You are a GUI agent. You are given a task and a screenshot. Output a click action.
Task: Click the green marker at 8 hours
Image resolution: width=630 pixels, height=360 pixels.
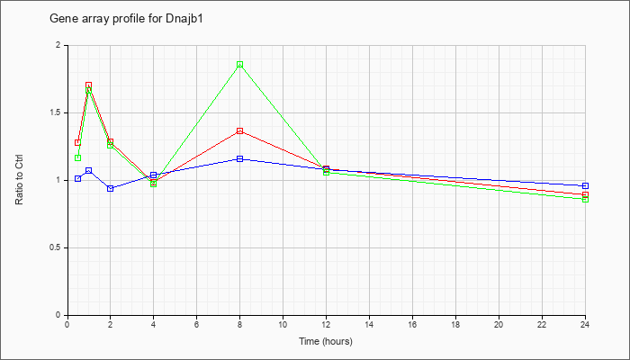[240, 64]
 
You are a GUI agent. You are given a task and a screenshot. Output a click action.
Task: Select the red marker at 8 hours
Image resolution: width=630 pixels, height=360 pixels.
[240, 131]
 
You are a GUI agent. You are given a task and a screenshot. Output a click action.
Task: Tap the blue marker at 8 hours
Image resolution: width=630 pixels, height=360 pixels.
[240, 158]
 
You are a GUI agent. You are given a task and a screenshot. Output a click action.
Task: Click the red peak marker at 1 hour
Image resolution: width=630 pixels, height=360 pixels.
[88, 85]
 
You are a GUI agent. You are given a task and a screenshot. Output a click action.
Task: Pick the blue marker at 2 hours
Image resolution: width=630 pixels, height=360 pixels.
[110, 188]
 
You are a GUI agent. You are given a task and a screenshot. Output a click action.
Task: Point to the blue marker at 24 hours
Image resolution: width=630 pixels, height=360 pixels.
[585, 185]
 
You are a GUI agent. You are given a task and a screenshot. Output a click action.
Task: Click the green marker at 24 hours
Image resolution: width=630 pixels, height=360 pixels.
[585, 199]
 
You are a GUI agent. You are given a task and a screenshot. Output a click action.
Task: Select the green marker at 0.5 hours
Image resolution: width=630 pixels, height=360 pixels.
[77, 157]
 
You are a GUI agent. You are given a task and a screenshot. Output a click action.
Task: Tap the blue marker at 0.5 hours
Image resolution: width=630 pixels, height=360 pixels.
[77, 178]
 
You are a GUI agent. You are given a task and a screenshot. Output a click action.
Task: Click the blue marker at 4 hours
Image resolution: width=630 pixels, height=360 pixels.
[153, 175]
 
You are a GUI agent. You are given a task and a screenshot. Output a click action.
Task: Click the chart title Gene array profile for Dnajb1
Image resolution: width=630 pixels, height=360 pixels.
[126, 19]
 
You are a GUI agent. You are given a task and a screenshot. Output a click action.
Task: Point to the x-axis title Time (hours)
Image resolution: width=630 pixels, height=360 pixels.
[326, 341]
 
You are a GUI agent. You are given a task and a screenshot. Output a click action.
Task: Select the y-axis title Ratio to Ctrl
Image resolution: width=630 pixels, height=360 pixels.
[19, 179]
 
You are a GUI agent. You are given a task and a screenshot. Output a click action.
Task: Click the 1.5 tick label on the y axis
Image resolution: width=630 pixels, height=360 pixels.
[59, 112]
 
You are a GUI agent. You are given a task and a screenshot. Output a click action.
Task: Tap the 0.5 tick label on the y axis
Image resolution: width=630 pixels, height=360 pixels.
[59, 247]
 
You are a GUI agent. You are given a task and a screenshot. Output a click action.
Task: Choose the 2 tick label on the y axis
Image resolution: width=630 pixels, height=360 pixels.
[62, 45]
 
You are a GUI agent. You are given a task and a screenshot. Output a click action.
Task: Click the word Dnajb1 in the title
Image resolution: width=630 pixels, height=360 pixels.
[184, 19]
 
